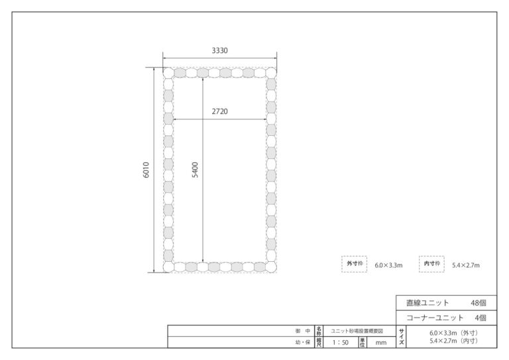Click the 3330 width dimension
tap(220, 50)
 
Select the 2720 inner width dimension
tap(220, 111)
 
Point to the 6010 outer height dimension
tap(146, 170)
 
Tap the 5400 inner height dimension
tap(195, 170)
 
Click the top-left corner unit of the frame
tap(168, 73)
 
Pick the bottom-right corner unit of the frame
tap(271, 267)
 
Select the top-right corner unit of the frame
tap(271, 73)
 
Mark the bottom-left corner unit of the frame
tap(168, 267)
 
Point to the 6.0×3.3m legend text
tap(388, 265)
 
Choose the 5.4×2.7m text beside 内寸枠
tap(466, 265)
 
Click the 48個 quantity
tap(479, 303)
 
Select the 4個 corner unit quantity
tap(481, 318)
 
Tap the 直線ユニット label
tap(427, 303)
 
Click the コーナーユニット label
tap(435, 318)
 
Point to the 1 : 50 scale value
tap(340, 343)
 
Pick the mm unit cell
tap(381, 343)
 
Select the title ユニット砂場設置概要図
tap(357, 331)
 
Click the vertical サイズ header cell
tap(401, 337)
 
